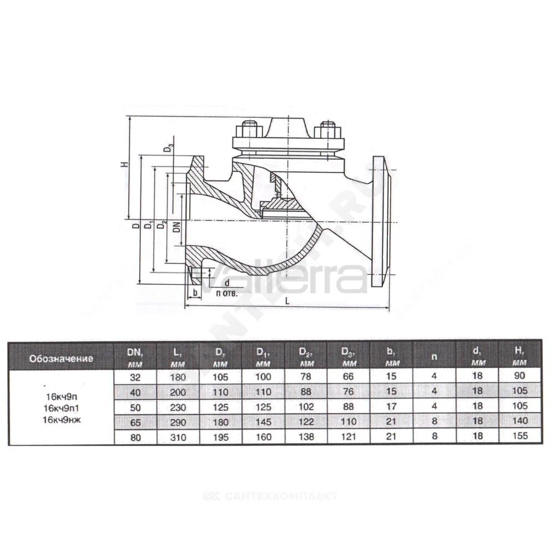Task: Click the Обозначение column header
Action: [x=61, y=358]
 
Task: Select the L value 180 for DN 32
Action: [x=178, y=377]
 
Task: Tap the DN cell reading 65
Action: [x=135, y=422]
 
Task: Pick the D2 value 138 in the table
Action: [x=306, y=437]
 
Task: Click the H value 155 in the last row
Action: [x=520, y=436]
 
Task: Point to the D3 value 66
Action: [x=349, y=377]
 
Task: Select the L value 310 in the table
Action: [x=178, y=437]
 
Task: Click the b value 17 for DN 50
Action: [x=391, y=406]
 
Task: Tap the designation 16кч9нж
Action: [x=62, y=420]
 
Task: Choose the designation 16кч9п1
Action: [x=61, y=408]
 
